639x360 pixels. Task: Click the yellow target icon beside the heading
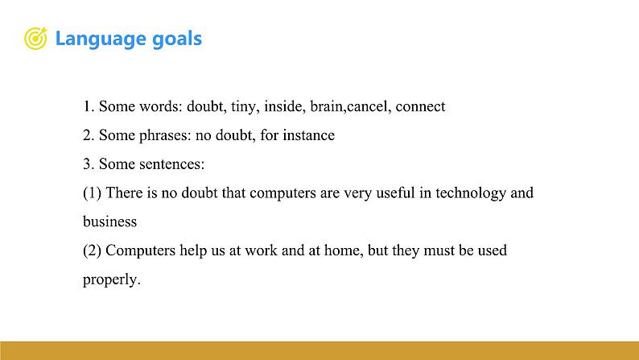(x=35, y=39)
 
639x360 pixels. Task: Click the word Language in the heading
(x=101, y=39)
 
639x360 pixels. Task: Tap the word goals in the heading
(x=177, y=39)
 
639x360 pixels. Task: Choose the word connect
(x=420, y=107)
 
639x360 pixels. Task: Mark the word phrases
(x=165, y=136)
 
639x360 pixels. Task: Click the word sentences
(x=171, y=164)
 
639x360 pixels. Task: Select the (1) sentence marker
(x=92, y=192)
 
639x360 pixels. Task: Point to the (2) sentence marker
(x=92, y=250)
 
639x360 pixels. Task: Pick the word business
(x=109, y=221)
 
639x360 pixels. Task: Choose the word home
(x=343, y=250)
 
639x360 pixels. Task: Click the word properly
(x=111, y=280)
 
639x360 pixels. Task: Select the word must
(x=439, y=250)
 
